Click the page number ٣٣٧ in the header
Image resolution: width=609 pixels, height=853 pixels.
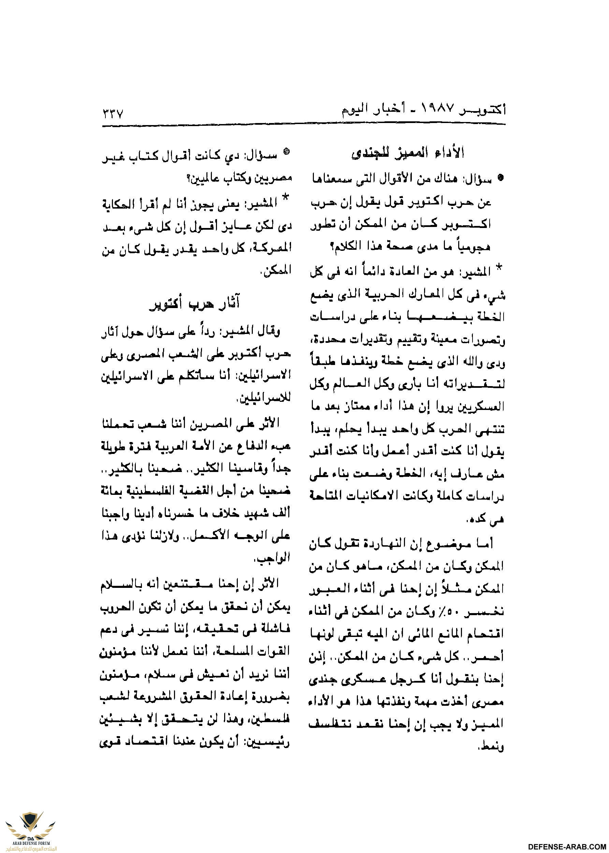coord(113,113)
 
